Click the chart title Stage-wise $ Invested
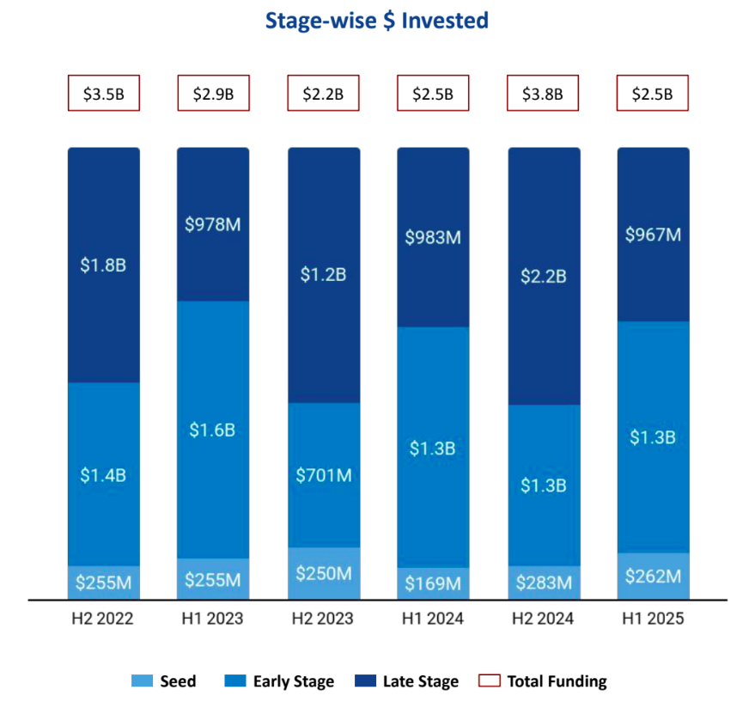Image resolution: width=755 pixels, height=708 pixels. pyautogui.click(x=377, y=21)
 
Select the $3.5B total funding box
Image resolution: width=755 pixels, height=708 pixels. pyautogui.click(x=104, y=94)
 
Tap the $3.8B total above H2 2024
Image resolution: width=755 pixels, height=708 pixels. pyautogui.click(x=543, y=94)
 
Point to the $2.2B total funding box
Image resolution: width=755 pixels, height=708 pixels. pyautogui.click(x=323, y=94)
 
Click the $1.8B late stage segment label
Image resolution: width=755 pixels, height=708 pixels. pyautogui.click(x=104, y=265)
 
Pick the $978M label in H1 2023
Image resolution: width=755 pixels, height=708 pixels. pyautogui.click(x=213, y=225)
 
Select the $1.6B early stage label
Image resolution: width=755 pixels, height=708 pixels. pyautogui.click(x=213, y=430)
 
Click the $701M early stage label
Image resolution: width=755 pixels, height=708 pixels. pyautogui.click(x=323, y=474)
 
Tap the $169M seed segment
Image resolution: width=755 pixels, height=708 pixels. pyautogui.click(x=433, y=583)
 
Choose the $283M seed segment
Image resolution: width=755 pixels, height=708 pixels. pyautogui.click(x=543, y=583)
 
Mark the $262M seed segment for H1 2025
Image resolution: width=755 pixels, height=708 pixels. pyautogui.click(x=653, y=577)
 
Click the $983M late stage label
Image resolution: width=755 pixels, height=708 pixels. pyautogui.click(x=433, y=237)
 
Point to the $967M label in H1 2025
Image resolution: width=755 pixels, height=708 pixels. pyautogui.click(x=653, y=234)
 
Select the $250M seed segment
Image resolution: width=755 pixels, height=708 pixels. pyautogui.click(x=323, y=573)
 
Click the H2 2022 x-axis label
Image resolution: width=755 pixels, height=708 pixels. pyautogui.click(x=104, y=619)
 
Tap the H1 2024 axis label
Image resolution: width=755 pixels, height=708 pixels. pyautogui.click(x=433, y=619)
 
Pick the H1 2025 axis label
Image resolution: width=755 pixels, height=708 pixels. pyautogui.click(x=653, y=619)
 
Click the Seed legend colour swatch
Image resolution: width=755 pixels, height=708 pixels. pyautogui.click(x=142, y=681)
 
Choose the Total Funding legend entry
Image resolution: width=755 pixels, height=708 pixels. pyautogui.click(x=545, y=681)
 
